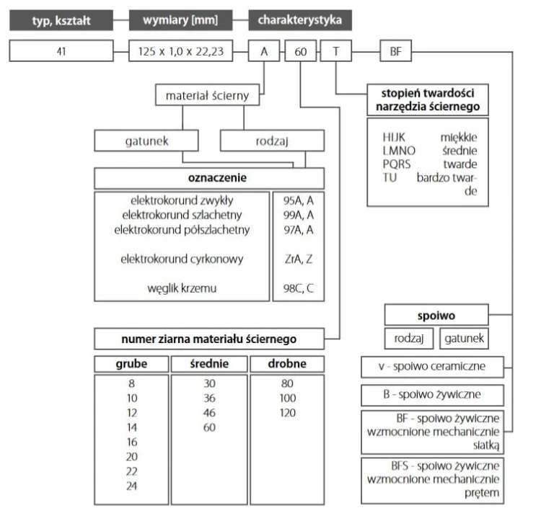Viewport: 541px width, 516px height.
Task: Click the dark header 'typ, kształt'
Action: click(x=61, y=20)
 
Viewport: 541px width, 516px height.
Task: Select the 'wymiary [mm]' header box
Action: click(x=180, y=20)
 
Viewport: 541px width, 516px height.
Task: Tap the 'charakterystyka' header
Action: click(x=300, y=20)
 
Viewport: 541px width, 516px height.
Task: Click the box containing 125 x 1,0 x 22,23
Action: click(x=181, y=51)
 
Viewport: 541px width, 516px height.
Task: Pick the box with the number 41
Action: click(x=61, y=51)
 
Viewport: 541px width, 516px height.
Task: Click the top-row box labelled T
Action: click(x=336, y=51)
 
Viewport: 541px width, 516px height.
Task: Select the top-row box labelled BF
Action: click(x=396, y=51)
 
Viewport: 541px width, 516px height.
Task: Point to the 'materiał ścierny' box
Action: click(x=207, y=95)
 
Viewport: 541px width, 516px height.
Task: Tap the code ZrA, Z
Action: click(x=299, y=259)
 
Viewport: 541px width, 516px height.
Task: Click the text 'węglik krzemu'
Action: click(x=182, y=288)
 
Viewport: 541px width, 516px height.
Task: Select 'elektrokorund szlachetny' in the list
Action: click(x=182, y=215)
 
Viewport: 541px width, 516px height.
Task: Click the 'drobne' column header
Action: click(x=287, y=364)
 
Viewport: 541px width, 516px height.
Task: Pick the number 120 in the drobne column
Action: click(x=287, y=413)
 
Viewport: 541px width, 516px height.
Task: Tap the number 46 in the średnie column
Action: click(x=209, y=413)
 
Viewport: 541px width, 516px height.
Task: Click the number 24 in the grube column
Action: click(x=131, y=486)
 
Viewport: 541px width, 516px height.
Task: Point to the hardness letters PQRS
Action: click(x=397, y=164)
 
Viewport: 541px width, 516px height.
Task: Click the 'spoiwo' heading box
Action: click(x=436, y=315)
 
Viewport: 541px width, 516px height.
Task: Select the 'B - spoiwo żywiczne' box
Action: click(x=432, y=395)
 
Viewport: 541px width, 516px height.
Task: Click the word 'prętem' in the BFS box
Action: click(x=482, y=493)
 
